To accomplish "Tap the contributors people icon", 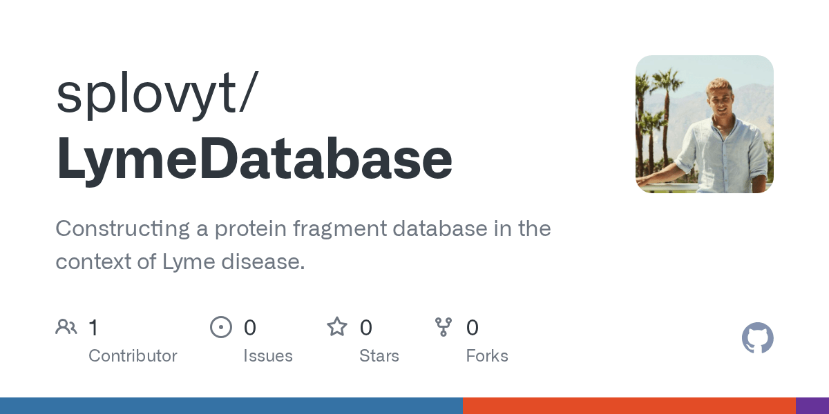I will pos(66,327).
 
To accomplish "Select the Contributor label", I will pos(133,356).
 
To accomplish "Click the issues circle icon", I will pos(221,327).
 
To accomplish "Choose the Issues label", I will pos(268,356).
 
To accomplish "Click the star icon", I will pos(337,327).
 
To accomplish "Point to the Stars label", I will pos(379,356).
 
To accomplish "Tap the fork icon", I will pos(444,327).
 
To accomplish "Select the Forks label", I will pos(487,356).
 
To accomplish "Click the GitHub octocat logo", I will pos(757,338).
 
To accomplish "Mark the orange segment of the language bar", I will pos(629,406).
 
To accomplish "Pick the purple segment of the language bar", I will pos(812,406).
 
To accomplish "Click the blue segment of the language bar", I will pos(231,406).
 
